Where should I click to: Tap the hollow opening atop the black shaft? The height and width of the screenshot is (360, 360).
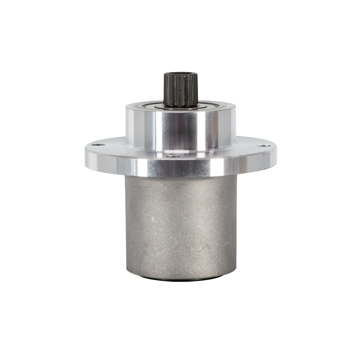click(x=181, y=75)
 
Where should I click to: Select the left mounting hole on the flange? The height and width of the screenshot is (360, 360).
click(x=99, y=144)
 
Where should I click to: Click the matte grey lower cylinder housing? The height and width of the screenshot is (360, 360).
click(x=181, y=225)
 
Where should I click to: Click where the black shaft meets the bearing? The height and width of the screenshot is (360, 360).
click(x=181, y=106)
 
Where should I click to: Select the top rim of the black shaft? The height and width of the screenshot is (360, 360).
click(x=181, y=73)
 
